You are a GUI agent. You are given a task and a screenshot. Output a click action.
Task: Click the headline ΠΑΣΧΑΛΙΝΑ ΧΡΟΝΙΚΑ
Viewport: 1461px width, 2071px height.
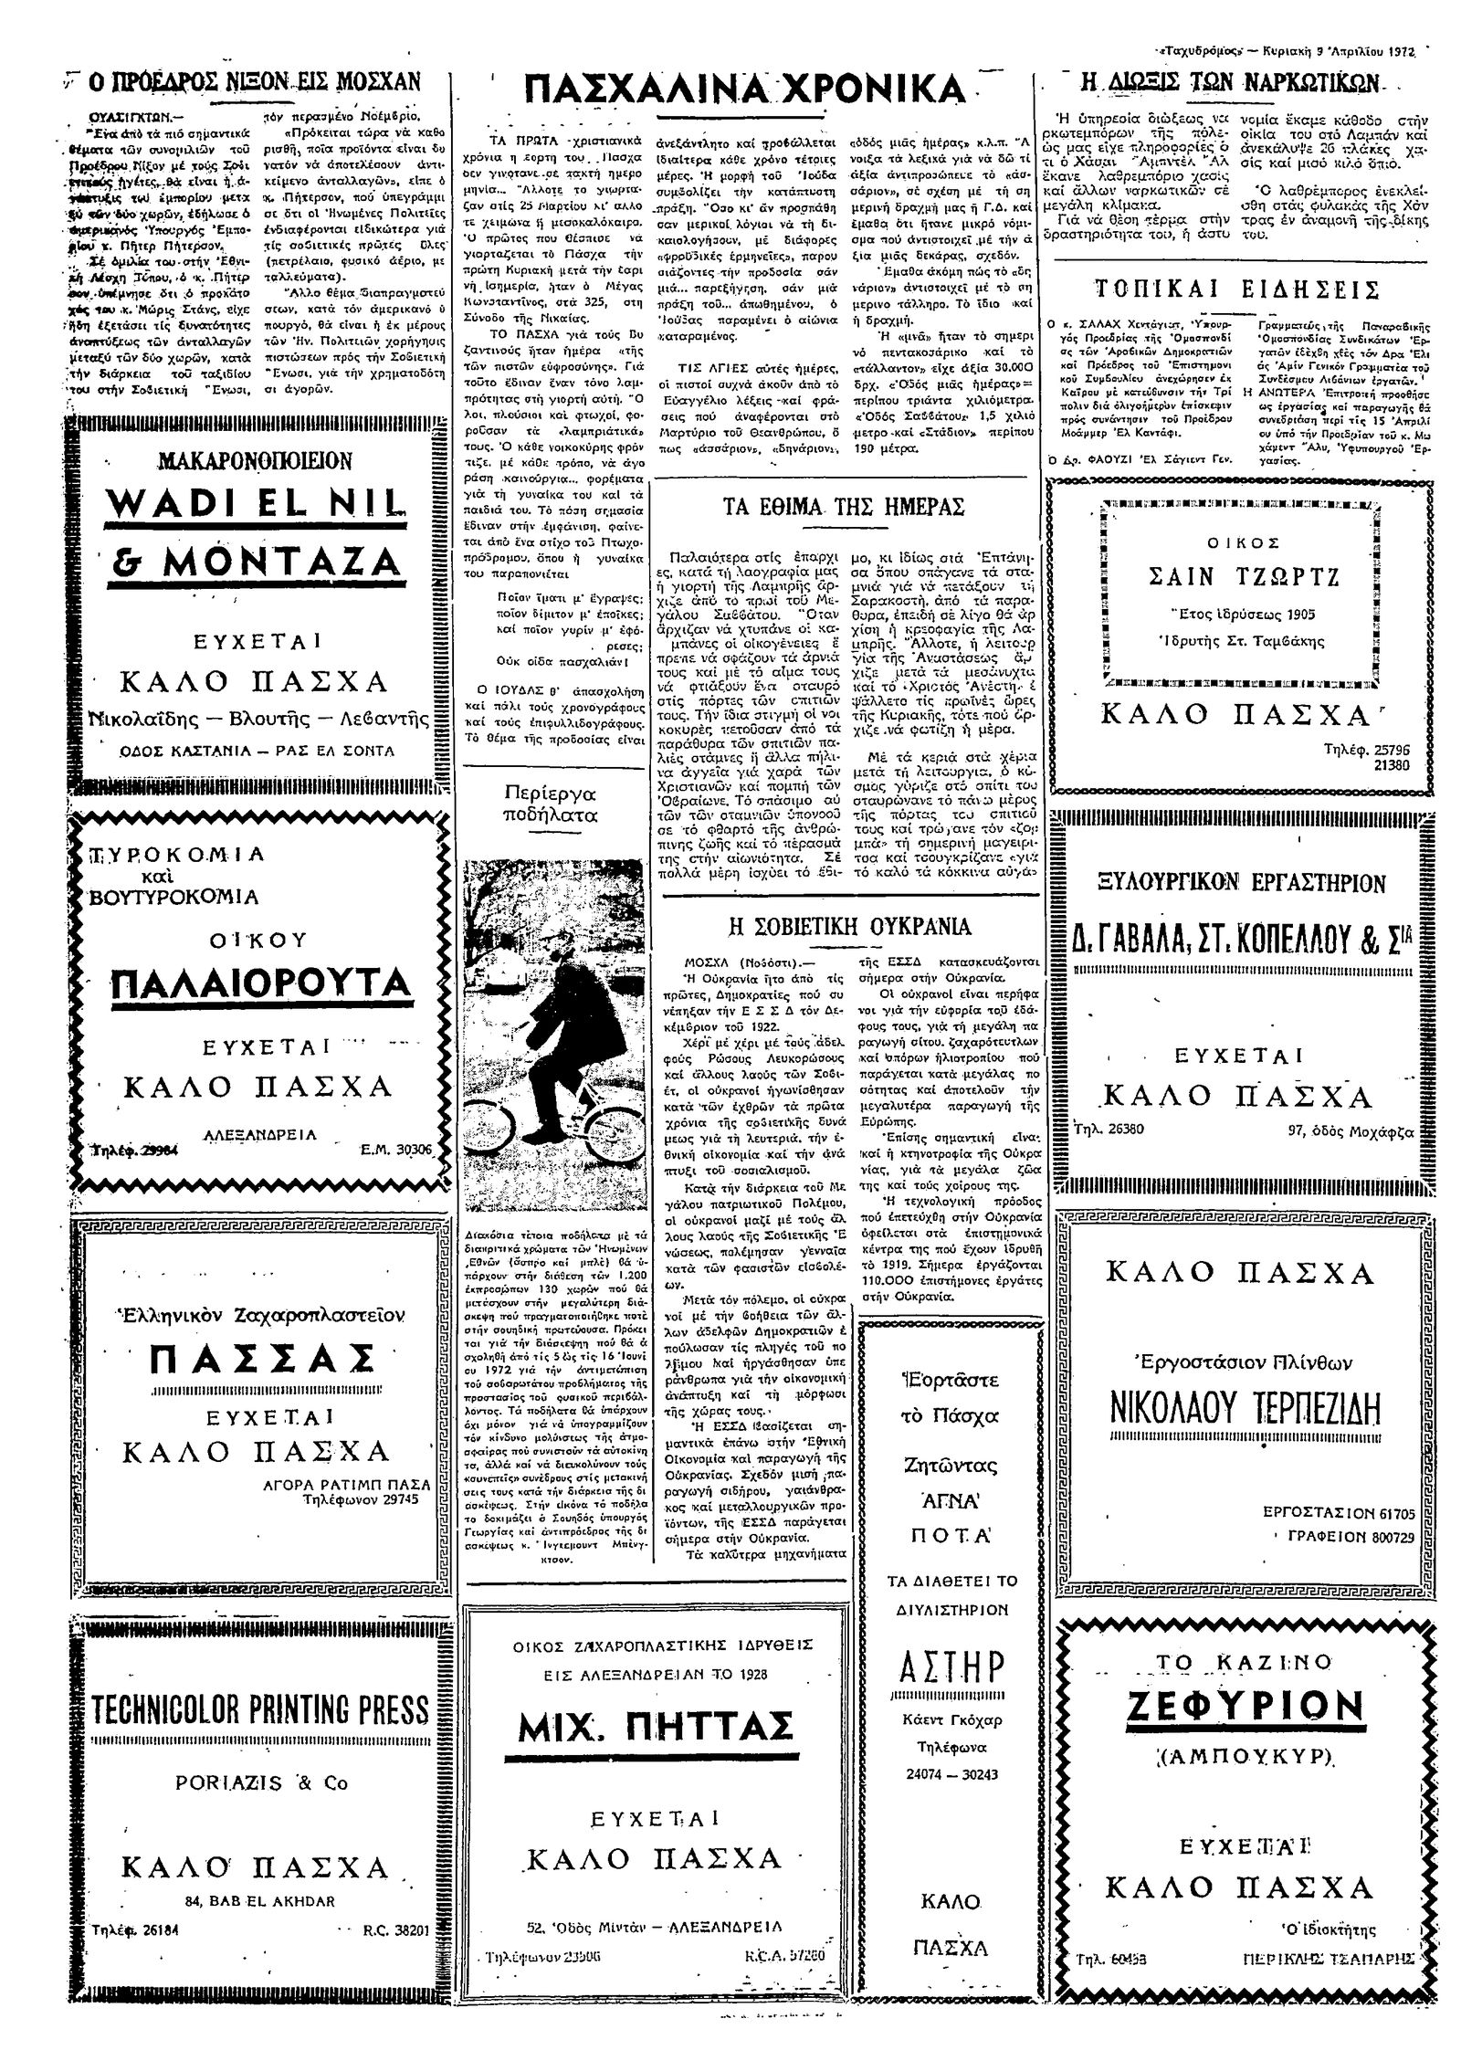(x=746, y=89)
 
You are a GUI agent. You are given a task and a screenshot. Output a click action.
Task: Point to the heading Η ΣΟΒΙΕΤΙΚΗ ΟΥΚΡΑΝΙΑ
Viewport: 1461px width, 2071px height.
(x=849, y=926)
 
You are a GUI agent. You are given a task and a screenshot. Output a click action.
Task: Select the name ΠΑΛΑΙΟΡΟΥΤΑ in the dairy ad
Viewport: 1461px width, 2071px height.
(x=260, y=984)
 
